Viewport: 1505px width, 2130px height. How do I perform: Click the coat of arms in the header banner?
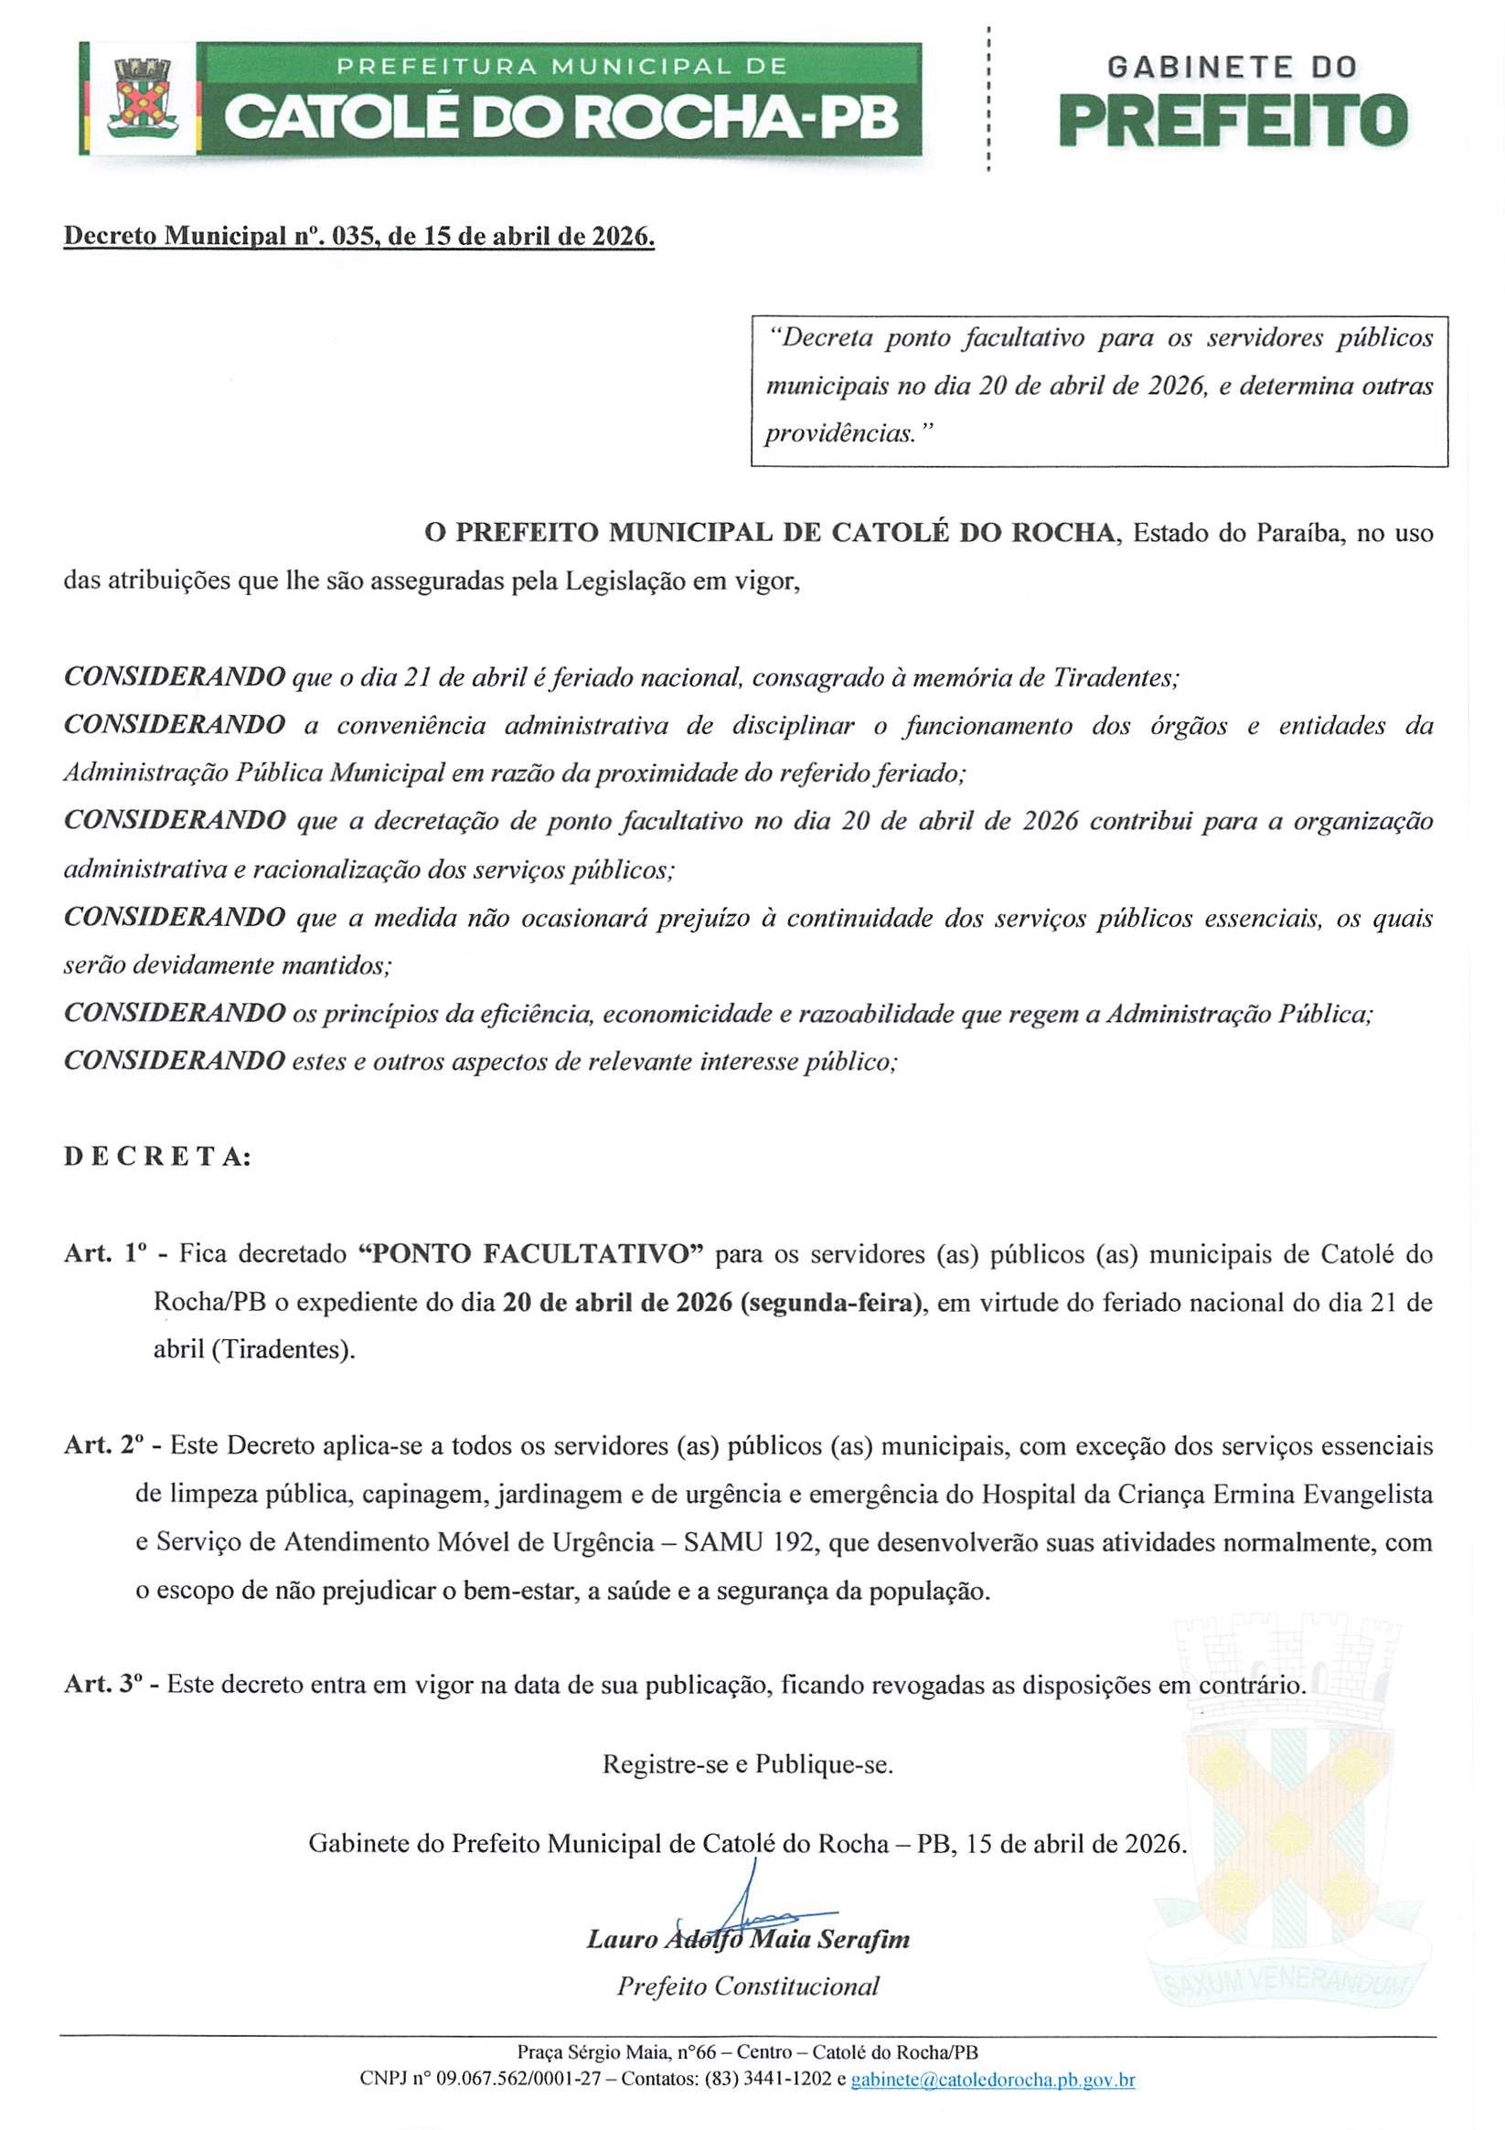[x=141, y=98]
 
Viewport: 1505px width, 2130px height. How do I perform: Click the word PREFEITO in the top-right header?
[x=1233, y=121]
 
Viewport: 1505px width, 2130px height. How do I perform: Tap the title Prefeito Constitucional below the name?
[x=748, y=1986]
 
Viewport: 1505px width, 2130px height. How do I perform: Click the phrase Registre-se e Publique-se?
[x=748, y=1763]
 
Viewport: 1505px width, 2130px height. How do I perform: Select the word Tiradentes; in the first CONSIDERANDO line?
[x=1116, y=677]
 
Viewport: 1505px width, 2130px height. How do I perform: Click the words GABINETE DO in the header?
[x=1233, y=67]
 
